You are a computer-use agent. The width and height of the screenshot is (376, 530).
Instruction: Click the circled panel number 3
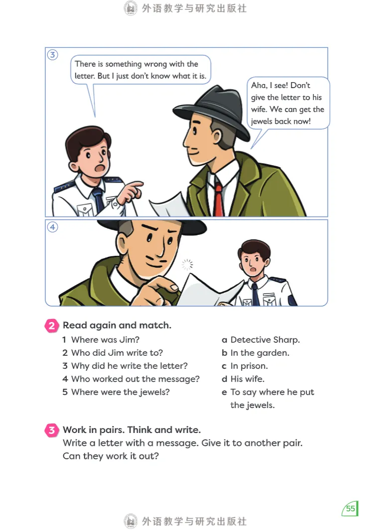52,55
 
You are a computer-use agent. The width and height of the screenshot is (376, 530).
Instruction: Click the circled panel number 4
52,227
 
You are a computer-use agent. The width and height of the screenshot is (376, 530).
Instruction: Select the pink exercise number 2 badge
52,326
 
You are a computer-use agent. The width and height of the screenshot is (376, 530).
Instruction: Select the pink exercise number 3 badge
52,430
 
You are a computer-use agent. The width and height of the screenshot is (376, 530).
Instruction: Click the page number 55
350,509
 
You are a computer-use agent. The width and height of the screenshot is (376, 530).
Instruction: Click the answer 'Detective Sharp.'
265,340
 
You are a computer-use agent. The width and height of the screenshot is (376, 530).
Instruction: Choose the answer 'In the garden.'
259,353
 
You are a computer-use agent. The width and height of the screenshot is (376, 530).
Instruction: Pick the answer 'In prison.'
249,366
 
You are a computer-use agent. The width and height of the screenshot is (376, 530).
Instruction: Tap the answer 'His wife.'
248,379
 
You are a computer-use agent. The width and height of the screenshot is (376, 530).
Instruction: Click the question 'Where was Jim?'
105,340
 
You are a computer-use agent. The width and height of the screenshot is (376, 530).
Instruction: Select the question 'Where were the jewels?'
121,392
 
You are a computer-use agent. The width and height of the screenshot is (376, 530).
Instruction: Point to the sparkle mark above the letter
187,265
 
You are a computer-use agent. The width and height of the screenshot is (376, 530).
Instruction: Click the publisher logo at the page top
130,8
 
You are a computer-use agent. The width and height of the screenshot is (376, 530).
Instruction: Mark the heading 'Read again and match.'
117,325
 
